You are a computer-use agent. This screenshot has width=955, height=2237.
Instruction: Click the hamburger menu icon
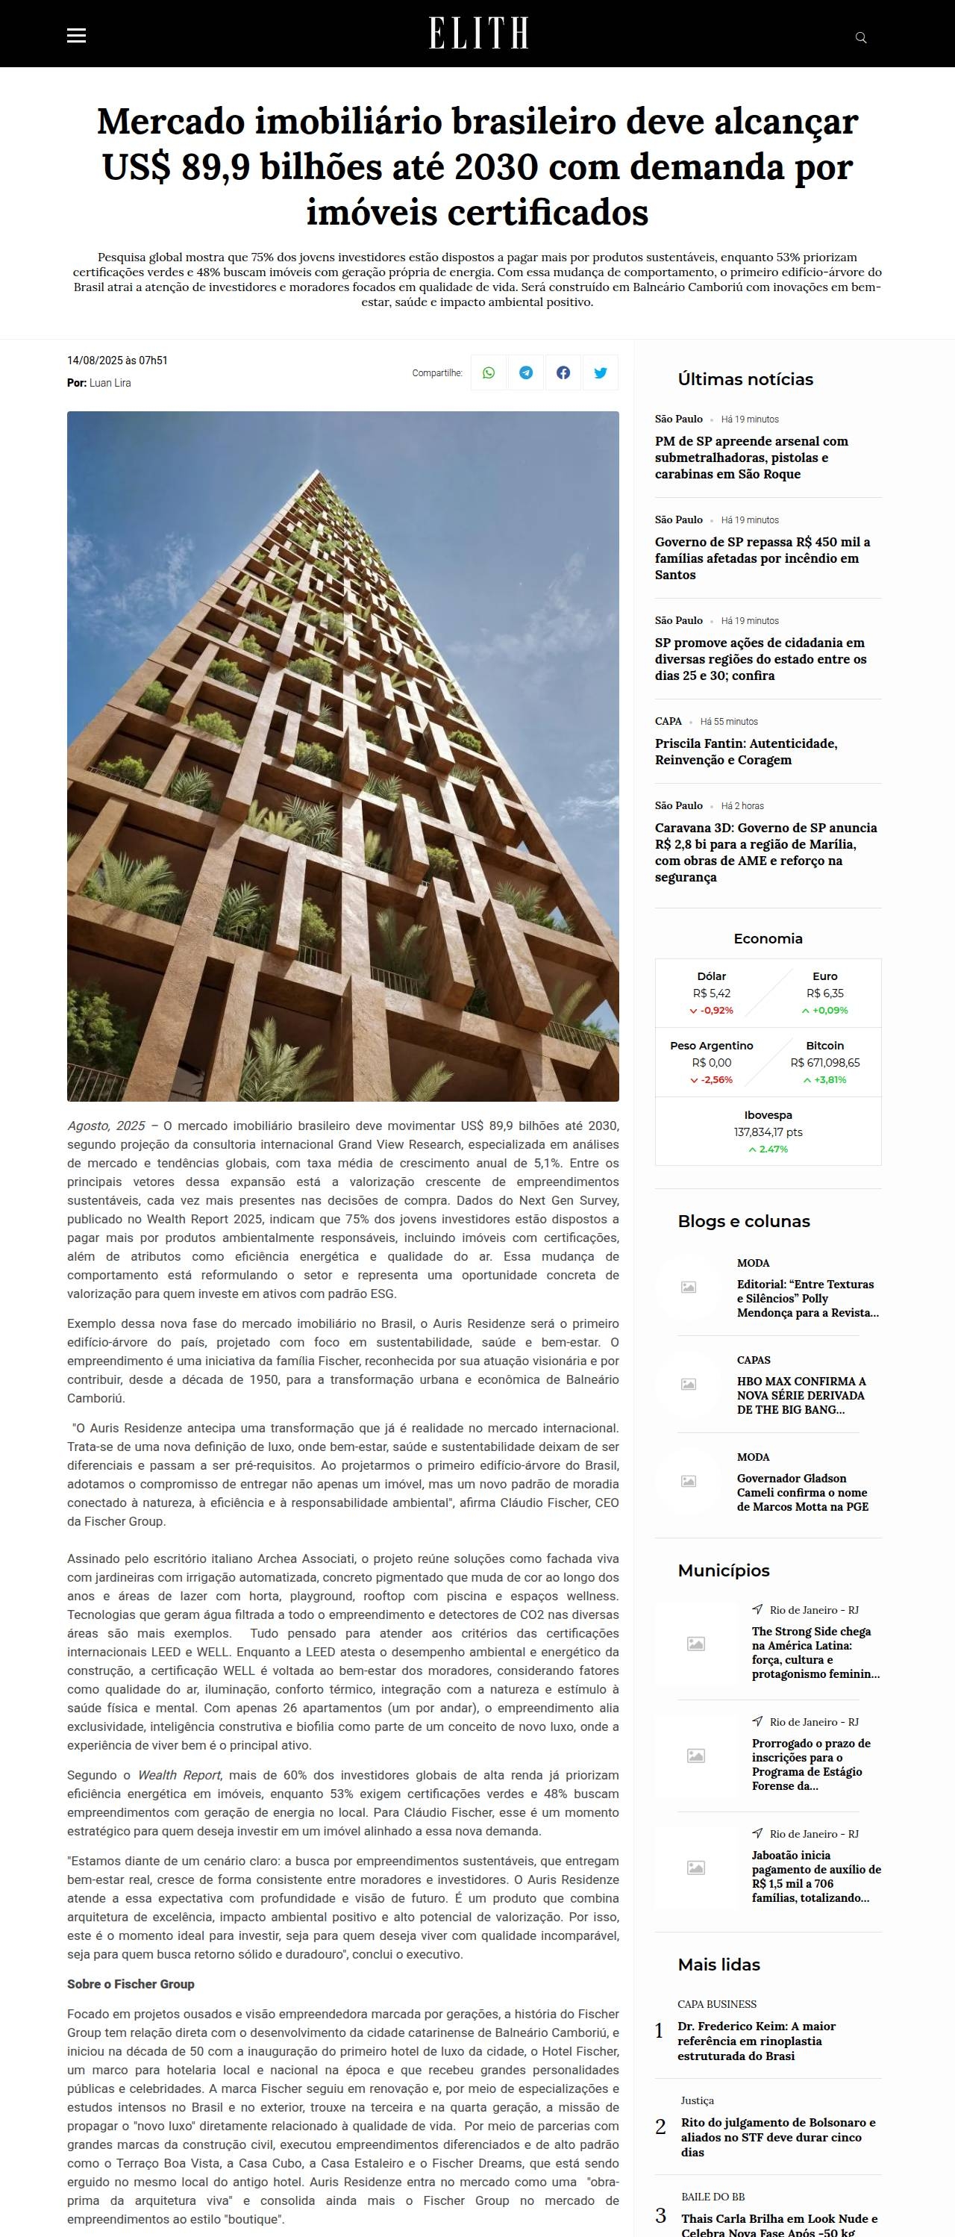(76, 36)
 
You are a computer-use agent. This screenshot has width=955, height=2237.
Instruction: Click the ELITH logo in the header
(477, 34)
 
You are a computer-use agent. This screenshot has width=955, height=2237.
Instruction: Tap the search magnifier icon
(860, 37)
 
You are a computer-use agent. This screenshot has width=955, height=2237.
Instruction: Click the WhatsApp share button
(489, 372)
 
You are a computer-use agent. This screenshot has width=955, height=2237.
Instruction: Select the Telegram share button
(526, 372)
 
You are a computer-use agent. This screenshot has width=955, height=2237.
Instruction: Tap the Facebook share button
(563, 372)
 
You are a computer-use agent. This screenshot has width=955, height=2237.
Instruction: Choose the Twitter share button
(600, 372)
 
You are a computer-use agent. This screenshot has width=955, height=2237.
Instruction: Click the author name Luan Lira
(110, 383)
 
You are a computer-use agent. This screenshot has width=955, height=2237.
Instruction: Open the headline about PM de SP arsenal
(751, 458)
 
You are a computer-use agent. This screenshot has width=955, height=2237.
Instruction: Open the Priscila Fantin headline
(746, 751)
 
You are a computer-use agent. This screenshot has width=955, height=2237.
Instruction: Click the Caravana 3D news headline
(765, 852)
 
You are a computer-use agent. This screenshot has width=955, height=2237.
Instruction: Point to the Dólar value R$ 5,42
(711, 993)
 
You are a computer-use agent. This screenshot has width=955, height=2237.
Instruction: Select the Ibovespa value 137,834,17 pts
(768, 1132)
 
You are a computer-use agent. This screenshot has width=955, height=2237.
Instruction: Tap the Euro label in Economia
(824, 976)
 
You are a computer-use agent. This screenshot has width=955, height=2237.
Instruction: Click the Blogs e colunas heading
(743, 1221)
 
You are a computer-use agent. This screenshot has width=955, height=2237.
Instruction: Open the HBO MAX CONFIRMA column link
(801, 1394)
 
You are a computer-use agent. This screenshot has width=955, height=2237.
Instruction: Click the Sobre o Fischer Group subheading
(131, 1984)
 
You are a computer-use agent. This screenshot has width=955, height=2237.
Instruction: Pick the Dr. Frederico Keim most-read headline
(757, 2041)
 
